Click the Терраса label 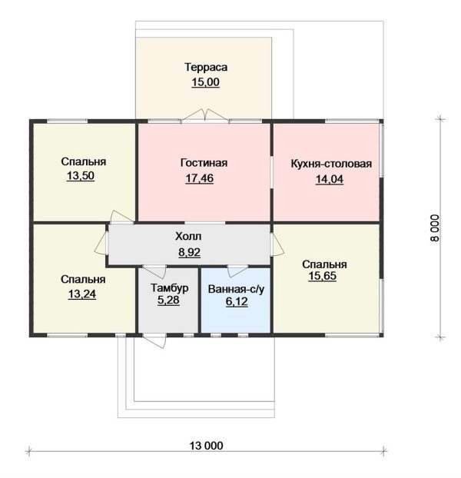click(206, 67)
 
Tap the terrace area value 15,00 click(205, 82)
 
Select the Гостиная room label click(204, 163)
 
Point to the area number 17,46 click(200, 178)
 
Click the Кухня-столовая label click(331, 164)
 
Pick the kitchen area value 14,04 click(330, 179)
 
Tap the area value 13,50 click(81, 176)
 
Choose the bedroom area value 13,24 click(82, 294)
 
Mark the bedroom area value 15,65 click(323, 276)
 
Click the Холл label click(188, 236)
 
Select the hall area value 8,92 click(189, 252)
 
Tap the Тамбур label click(170, 287)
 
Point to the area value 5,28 click(168, 300)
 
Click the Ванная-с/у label click(237, 289)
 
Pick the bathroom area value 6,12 click(237, 302)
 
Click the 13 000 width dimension click(206, 446)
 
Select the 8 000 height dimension click(435, 228)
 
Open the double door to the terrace click(205, 117)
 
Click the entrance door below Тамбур click(154, 340)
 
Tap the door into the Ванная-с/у click(238, 271)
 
